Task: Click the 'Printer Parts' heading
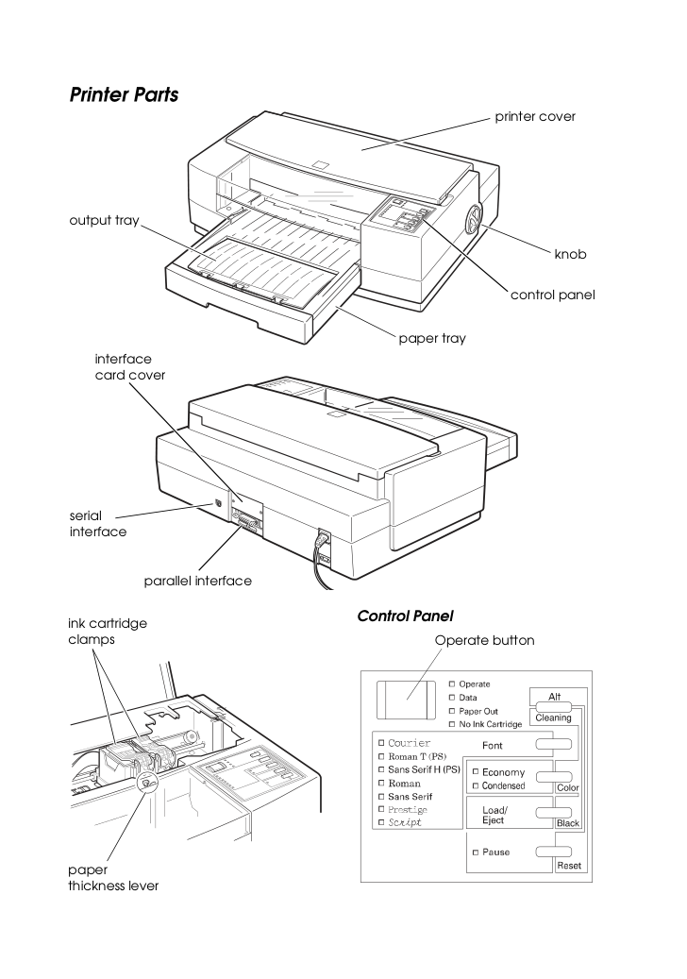[124, 95]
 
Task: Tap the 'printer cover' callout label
[535, 117]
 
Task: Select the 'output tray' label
[104, 220]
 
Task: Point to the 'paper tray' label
[432, 338]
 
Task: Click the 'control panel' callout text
[553, 295]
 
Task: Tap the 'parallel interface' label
[198, 581]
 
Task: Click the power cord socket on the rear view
[325, 541]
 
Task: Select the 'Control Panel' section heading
[405, 616]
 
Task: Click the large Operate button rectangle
[406, 700]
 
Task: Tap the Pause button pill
[553, 852]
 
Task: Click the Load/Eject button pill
[553, 813]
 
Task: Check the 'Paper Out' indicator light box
[452, 711]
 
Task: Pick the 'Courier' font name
[410, 743]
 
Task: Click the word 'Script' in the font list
[405, 822]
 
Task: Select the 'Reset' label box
[569, 866]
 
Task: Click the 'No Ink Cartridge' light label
[491, 724]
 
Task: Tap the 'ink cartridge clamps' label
[108, 632]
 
